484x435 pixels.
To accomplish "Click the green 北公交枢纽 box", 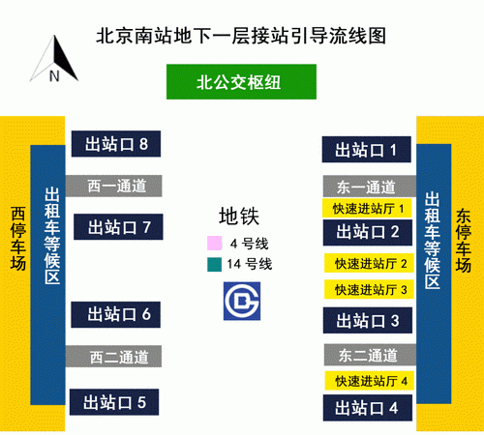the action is click(x=241, y=82).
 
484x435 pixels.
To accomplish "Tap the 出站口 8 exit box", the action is click(x=116, y=144).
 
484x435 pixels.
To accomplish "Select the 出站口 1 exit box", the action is click(x=367, y=150).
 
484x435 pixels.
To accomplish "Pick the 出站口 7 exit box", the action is click(x=118, y=227).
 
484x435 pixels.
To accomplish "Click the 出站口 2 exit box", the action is click(x=368, y=233).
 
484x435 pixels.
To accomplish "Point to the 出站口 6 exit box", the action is click(x=116, y=315).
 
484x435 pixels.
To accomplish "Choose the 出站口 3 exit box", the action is click(x=368, y=320).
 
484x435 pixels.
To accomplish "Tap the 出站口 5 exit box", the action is click(x=114, y=402).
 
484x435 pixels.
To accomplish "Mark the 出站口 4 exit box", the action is click(x=368, y=408).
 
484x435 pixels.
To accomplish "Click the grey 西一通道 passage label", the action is click(x=114, y=186).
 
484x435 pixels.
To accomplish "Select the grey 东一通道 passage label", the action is click(x=370, y=187).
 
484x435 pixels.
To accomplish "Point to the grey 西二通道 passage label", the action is click(x=113, y=357).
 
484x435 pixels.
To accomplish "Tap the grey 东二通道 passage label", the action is click(x=371, y=355).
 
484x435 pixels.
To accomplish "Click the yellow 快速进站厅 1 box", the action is click(x=367, y=208).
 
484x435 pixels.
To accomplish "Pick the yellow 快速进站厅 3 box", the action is click(x=369, y=289).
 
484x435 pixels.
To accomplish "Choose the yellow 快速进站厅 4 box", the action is click(x=370, y=381).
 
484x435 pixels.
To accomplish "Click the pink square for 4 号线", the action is click(x=215, y=243).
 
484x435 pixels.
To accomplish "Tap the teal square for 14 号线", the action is click(x=215, y=265).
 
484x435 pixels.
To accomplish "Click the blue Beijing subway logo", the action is click(x=242, y=301).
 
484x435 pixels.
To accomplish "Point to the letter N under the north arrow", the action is click(x=54, y=76).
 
